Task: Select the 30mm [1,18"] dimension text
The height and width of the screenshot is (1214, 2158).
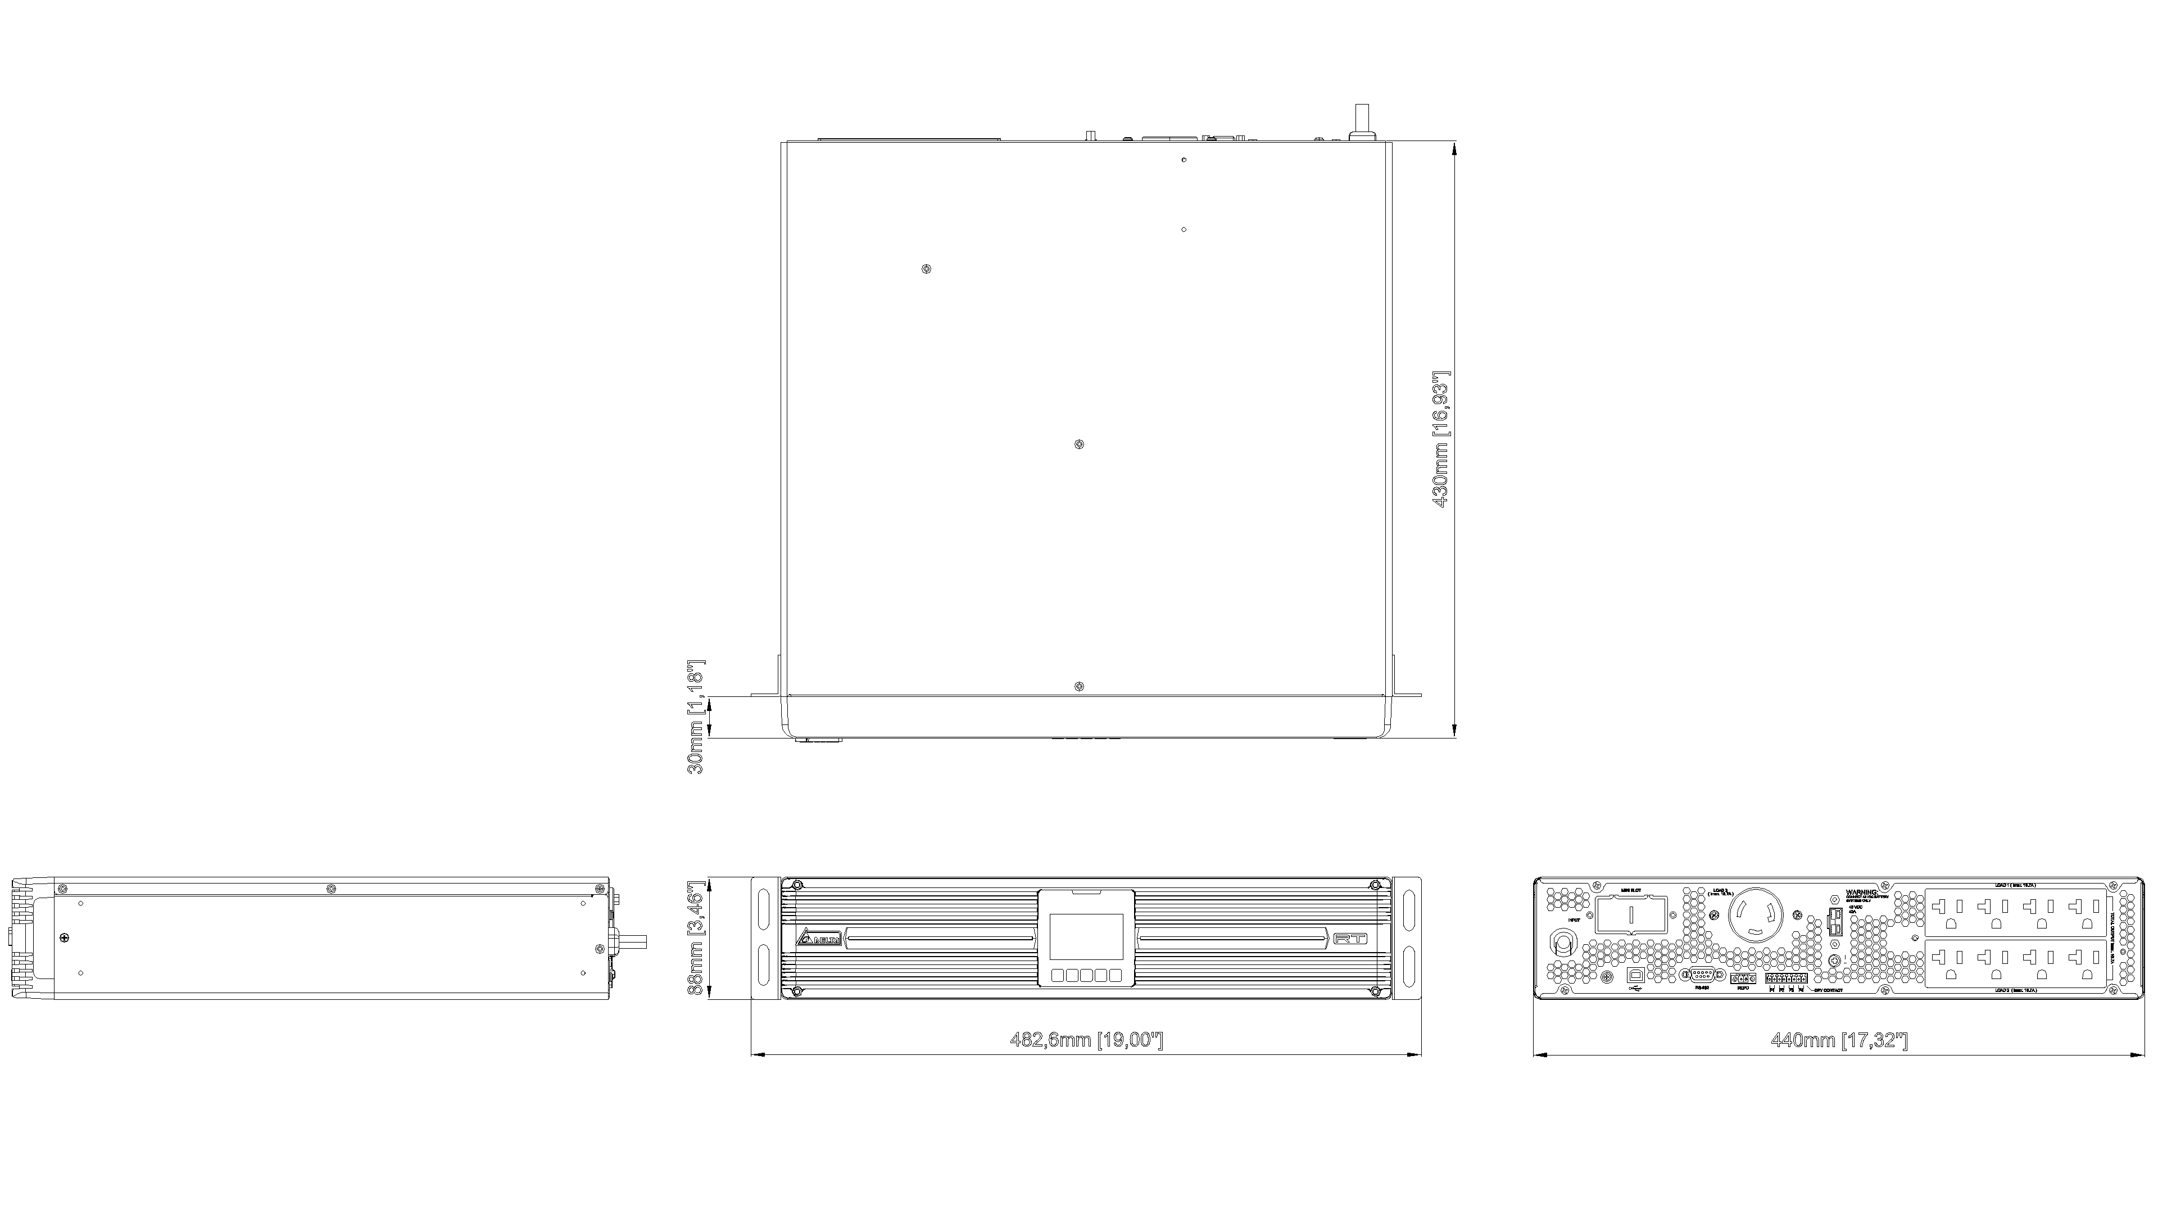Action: [695, 717]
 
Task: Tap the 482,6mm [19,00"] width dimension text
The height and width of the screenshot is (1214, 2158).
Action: [1086, 1040]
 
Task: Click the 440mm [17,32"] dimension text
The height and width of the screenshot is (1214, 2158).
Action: [1838, 1040]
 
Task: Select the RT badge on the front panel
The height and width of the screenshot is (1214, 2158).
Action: [1350, 939]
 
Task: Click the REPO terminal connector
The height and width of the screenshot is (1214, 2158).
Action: [1743, 978]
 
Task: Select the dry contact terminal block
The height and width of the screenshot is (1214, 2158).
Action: [1786, 978]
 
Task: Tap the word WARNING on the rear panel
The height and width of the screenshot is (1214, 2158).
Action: [1862, 893]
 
